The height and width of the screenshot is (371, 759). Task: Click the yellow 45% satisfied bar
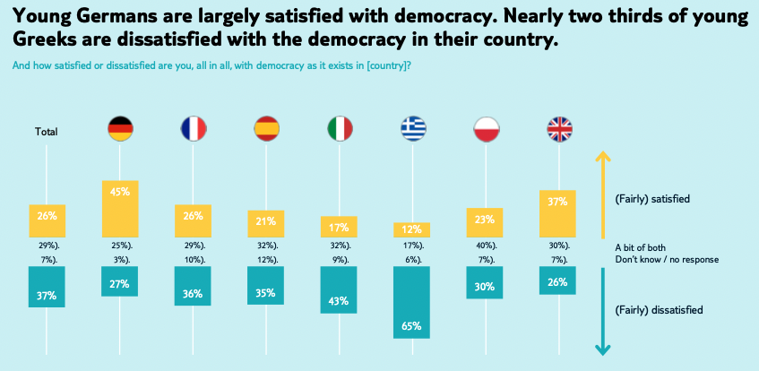120,208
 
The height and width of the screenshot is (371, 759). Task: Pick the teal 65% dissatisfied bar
413,301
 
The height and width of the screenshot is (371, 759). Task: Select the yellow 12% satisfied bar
413,230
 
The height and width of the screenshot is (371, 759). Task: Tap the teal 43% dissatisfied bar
340,289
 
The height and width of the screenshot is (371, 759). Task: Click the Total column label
47,132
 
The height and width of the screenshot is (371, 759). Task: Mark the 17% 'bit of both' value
413,246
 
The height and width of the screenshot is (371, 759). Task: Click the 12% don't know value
266,259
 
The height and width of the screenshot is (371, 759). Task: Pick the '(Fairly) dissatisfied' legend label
659,310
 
